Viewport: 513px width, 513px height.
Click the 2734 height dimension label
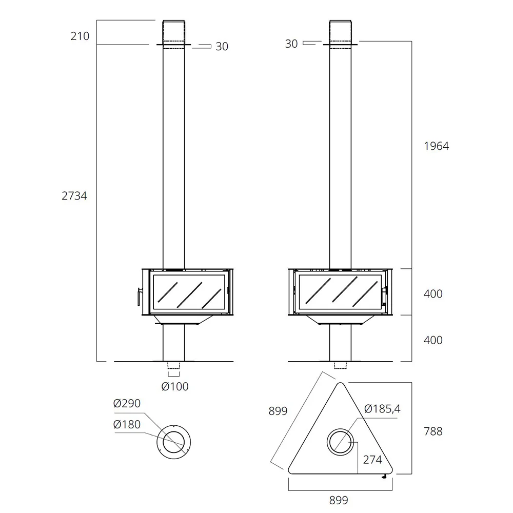click(x=74, y=195)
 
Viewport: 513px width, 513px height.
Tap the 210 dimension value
click(x=80, y=36)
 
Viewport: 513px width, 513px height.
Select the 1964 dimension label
click(x=437, y=146)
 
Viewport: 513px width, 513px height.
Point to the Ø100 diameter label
click(x=175, y=386)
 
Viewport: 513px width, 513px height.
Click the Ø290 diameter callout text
click(x=127, y=403)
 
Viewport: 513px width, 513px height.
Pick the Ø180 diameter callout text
click(x=127, y=424)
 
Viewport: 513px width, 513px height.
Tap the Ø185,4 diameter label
click(x=382, y=409)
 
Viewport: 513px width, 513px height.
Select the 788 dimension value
click(x=433, y=431)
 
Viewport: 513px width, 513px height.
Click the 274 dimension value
click(x=372, y=460)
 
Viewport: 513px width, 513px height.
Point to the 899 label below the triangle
click(x=339, y=500)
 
